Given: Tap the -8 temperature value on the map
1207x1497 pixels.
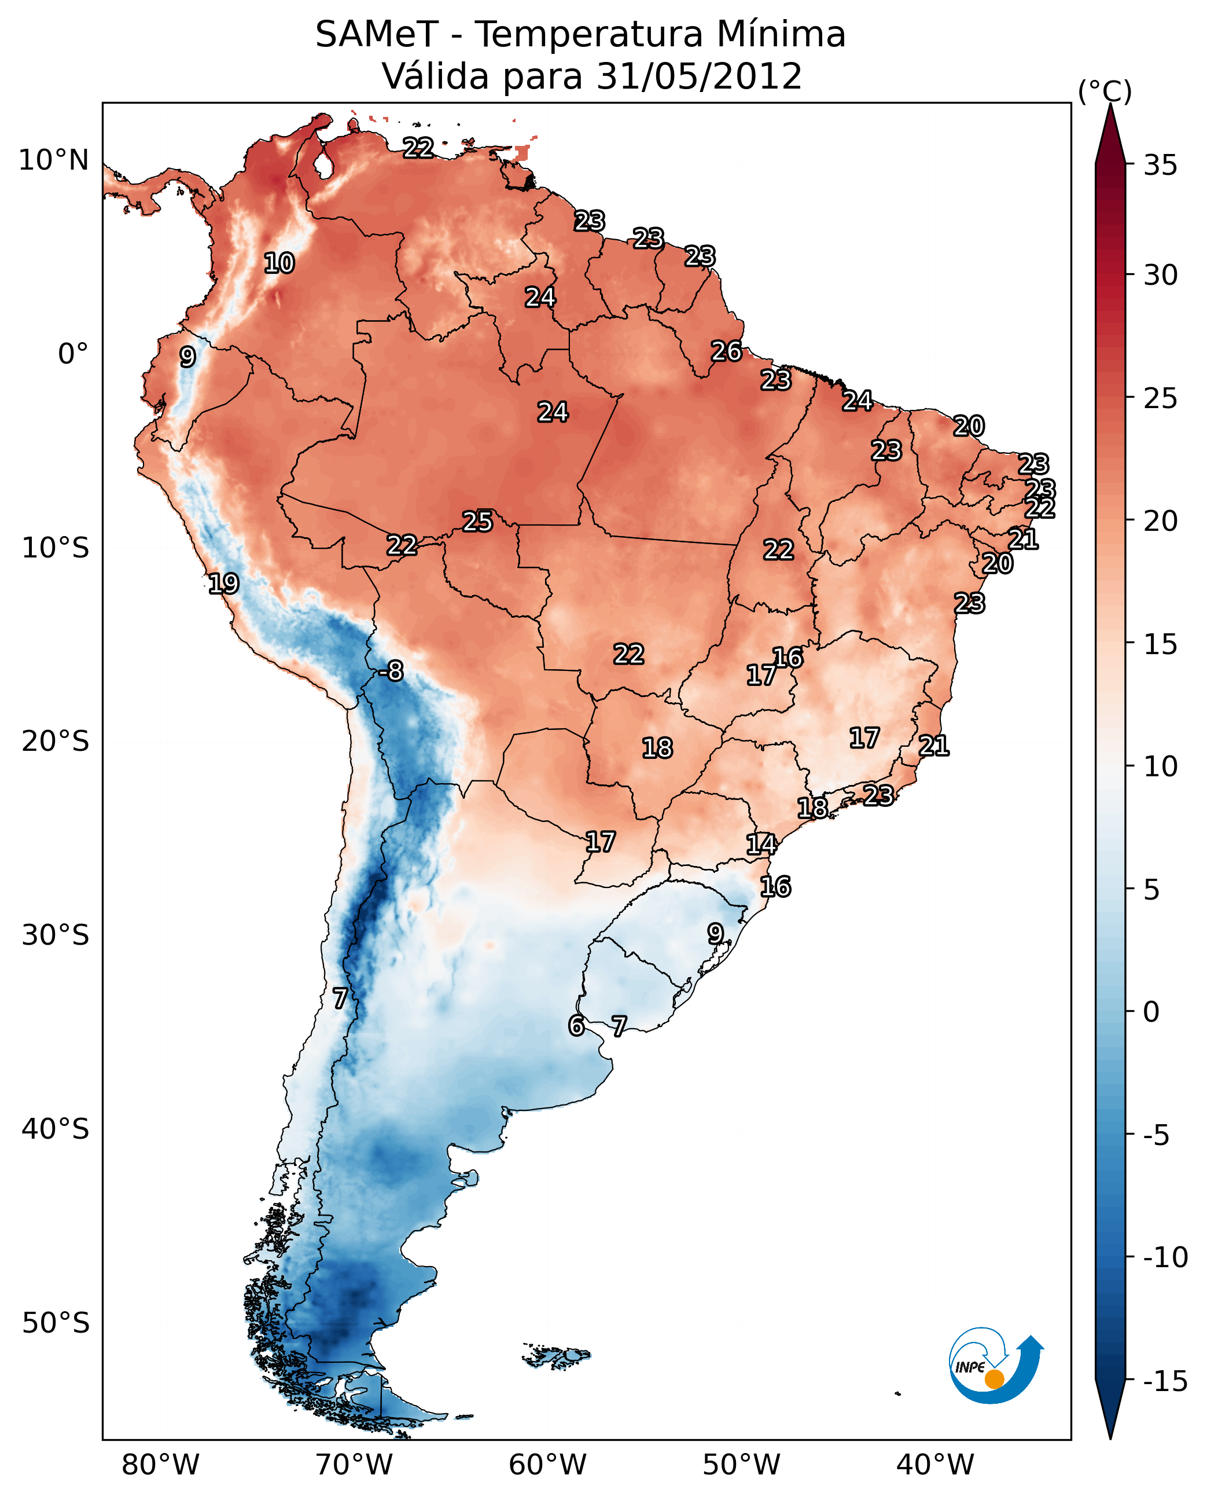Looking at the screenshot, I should [x=392, y=670].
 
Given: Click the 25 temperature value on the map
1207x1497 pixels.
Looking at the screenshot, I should [x=478, y=521].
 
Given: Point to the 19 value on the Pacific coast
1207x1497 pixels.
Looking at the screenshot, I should [x=223, y=583].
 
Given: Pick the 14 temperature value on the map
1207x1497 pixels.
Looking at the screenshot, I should [x=761, y=844].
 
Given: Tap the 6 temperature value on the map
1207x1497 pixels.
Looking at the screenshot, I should [x=576, y=1025].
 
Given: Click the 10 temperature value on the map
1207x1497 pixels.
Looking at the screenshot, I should [x=279, y=263].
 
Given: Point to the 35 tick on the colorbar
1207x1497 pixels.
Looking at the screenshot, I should [x=1160, y=166].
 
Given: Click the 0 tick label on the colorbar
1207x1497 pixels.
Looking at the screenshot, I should [x=1151, y=1011].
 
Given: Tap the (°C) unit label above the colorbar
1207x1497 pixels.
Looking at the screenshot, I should [x=1105, y=91].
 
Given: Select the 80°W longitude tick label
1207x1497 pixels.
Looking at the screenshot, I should [x=161, y=1465].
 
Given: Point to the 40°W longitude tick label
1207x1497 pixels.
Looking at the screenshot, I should [x=935, y=1465].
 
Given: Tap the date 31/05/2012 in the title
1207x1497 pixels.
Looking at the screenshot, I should [x=699, y=76].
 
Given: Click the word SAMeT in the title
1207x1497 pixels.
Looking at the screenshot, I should [x=377, y=34].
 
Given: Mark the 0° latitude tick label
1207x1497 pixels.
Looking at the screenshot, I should [x=73, y=354].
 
